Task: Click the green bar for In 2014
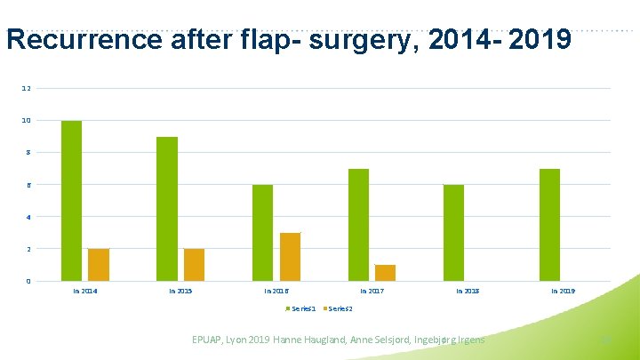pos(71,201)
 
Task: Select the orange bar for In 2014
pos(99,265)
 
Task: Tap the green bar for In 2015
pos(167,209)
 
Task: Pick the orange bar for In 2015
pos(194,265)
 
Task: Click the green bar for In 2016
pos(262,233)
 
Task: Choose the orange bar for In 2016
pos(290,257)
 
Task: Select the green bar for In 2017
pos(358,225)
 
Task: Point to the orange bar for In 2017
pos(385,273)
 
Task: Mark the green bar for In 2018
pos(453,233)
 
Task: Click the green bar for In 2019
pos(549,225)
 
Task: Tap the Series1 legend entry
pos(300,308)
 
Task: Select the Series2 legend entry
pos(338,308)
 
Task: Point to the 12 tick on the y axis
pos(27,89)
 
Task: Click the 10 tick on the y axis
pos(27,121)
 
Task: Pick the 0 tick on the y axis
pos(27,282)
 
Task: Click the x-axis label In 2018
pos(468,291)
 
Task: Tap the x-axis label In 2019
pos(563,291)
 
